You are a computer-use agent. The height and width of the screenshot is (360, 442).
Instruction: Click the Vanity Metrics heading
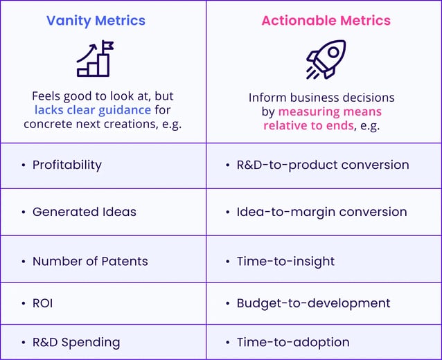(x=96, y=20)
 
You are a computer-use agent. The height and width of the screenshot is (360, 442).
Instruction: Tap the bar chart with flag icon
(x=95, y=59)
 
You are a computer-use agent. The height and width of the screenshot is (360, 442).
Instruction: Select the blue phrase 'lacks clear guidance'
(x=93, y=110)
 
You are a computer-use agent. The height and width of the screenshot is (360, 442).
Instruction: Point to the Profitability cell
(x=67, y=165)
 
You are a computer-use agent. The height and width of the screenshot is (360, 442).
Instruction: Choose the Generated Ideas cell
(x=84, y=212)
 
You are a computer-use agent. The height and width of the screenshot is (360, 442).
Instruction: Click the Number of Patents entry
(x=90, y=261)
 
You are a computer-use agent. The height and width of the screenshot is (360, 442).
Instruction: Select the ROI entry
(x=42, y=303)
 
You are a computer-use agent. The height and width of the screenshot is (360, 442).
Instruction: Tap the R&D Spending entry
(x=76, y=342)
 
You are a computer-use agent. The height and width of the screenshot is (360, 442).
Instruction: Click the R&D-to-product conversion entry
(x=322, y=165)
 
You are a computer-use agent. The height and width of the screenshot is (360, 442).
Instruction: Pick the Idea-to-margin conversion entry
(x=321, y=212)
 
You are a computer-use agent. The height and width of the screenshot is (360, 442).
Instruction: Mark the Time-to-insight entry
(x=285, y=261)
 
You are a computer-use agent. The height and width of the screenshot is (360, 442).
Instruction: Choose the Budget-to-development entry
(x=313, y=303)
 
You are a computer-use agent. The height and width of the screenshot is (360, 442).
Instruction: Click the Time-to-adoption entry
(x=293, y=342)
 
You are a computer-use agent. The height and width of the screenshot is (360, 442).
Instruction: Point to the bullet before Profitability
(x=23, y=165)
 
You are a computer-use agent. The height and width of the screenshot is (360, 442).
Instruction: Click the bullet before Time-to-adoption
(x=227, y=343)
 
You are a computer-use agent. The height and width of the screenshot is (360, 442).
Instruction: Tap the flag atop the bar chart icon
(x=107, y=46)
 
